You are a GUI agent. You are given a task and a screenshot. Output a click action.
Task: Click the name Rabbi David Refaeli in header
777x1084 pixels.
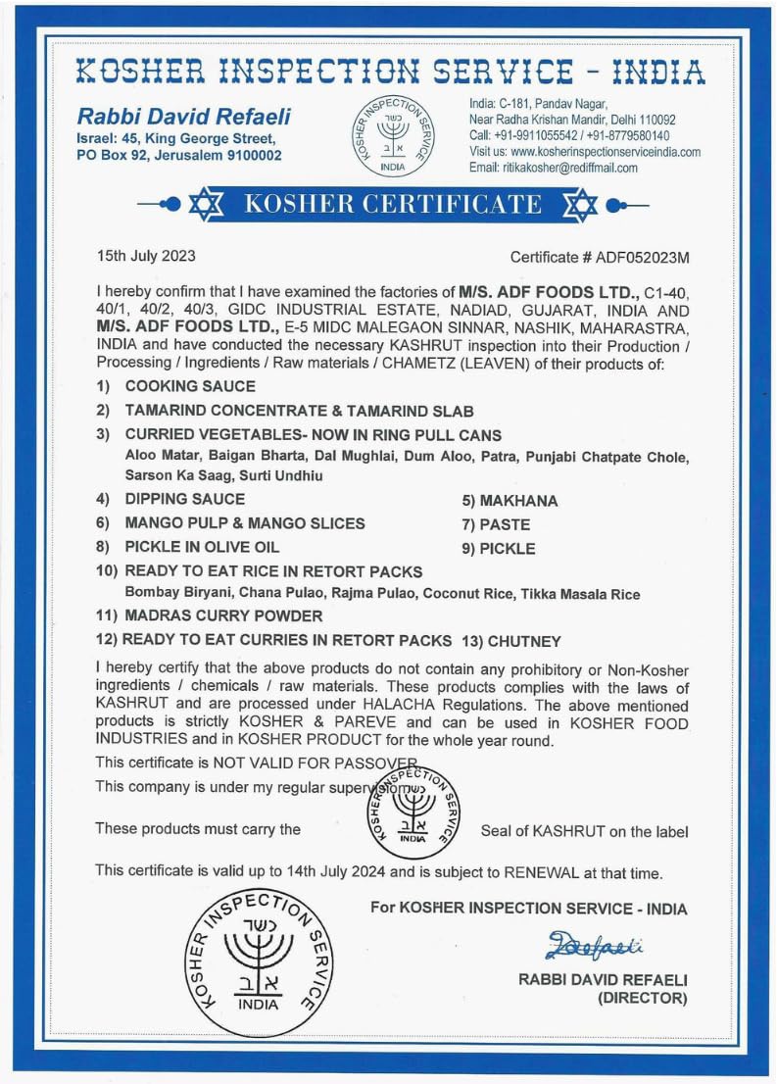(x=184, y=116)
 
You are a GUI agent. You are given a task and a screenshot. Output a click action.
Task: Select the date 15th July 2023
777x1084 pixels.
(x=146, y=257)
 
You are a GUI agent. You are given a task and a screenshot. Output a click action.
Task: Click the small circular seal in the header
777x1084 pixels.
(x=392, y=136)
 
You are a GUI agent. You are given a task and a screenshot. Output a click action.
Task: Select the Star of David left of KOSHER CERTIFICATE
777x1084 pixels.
(x=206, y=205)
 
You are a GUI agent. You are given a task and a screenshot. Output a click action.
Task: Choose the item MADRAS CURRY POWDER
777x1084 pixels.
(x=223, y=616)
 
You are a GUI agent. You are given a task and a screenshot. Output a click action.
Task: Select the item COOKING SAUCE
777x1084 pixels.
(x=190, y=386)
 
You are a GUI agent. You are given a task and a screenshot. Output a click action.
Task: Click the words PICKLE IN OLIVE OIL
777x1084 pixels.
(x=202, y=548)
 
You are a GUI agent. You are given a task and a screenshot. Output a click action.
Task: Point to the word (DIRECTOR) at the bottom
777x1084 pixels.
(x=642, y=999)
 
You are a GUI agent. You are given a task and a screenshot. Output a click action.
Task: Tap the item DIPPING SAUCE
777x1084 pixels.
(x=185, y=500)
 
